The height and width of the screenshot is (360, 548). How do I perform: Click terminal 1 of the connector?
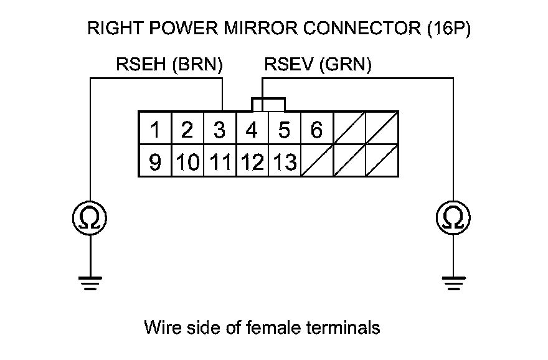155,128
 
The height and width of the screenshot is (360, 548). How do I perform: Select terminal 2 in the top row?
187,128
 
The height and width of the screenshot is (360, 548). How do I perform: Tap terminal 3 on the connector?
220,128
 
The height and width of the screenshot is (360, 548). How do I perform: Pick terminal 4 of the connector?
252,128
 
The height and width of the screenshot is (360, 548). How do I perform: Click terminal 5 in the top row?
285,128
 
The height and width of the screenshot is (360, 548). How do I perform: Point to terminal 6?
316,128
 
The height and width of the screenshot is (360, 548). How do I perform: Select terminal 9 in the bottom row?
155,161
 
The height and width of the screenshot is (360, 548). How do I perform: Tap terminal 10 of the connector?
187,161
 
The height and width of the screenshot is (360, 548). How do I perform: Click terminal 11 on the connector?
220,161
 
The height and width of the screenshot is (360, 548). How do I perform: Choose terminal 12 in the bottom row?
252,161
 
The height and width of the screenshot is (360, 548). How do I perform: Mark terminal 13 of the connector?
285,161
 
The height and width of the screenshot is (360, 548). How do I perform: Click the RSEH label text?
141,64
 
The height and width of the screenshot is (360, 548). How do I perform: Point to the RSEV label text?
289,64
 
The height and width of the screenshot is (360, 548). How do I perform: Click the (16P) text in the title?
449,29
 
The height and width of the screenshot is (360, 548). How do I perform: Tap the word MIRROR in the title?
260,28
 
